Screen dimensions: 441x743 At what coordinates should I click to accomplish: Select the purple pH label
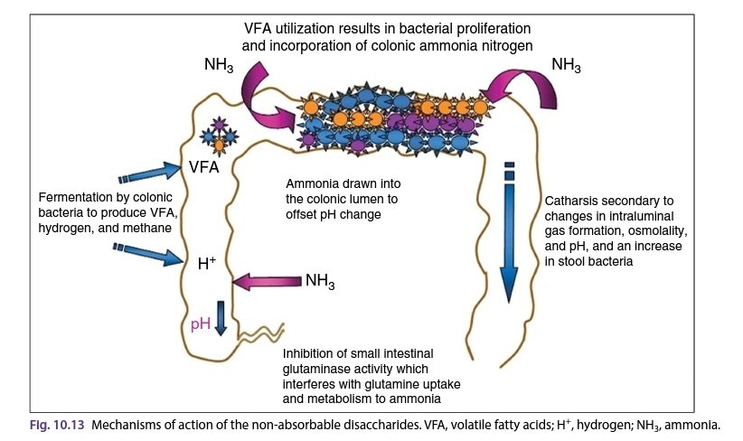(x=202, y=324)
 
